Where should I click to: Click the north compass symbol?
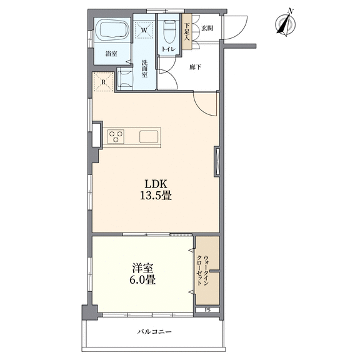[x=286, y=23]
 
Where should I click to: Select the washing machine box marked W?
[x=144, y=29]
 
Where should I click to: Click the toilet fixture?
[x=169, y=32]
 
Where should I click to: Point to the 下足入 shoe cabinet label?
[x=187, y=32]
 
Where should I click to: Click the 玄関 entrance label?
[x=207, y=28]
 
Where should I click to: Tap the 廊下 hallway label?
[x=196, y=67]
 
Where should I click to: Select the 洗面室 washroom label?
[x=144, y=68]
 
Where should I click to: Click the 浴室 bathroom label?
[x=111, y=54]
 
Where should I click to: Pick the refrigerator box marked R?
[x=104, y=82]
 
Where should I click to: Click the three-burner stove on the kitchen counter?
[x=116, y=136]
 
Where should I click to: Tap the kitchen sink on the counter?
[x=149, y=137]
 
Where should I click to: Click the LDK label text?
[x=156, y=184]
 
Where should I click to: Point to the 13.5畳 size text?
[x=156, y=196]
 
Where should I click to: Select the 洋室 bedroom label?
[x=142, y=268]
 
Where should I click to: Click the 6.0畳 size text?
[x=142, y=280]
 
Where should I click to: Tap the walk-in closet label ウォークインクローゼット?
[x=203, y=270]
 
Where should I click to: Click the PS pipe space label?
[x=207, y=310]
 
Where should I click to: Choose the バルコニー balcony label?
[x=154, y=332]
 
